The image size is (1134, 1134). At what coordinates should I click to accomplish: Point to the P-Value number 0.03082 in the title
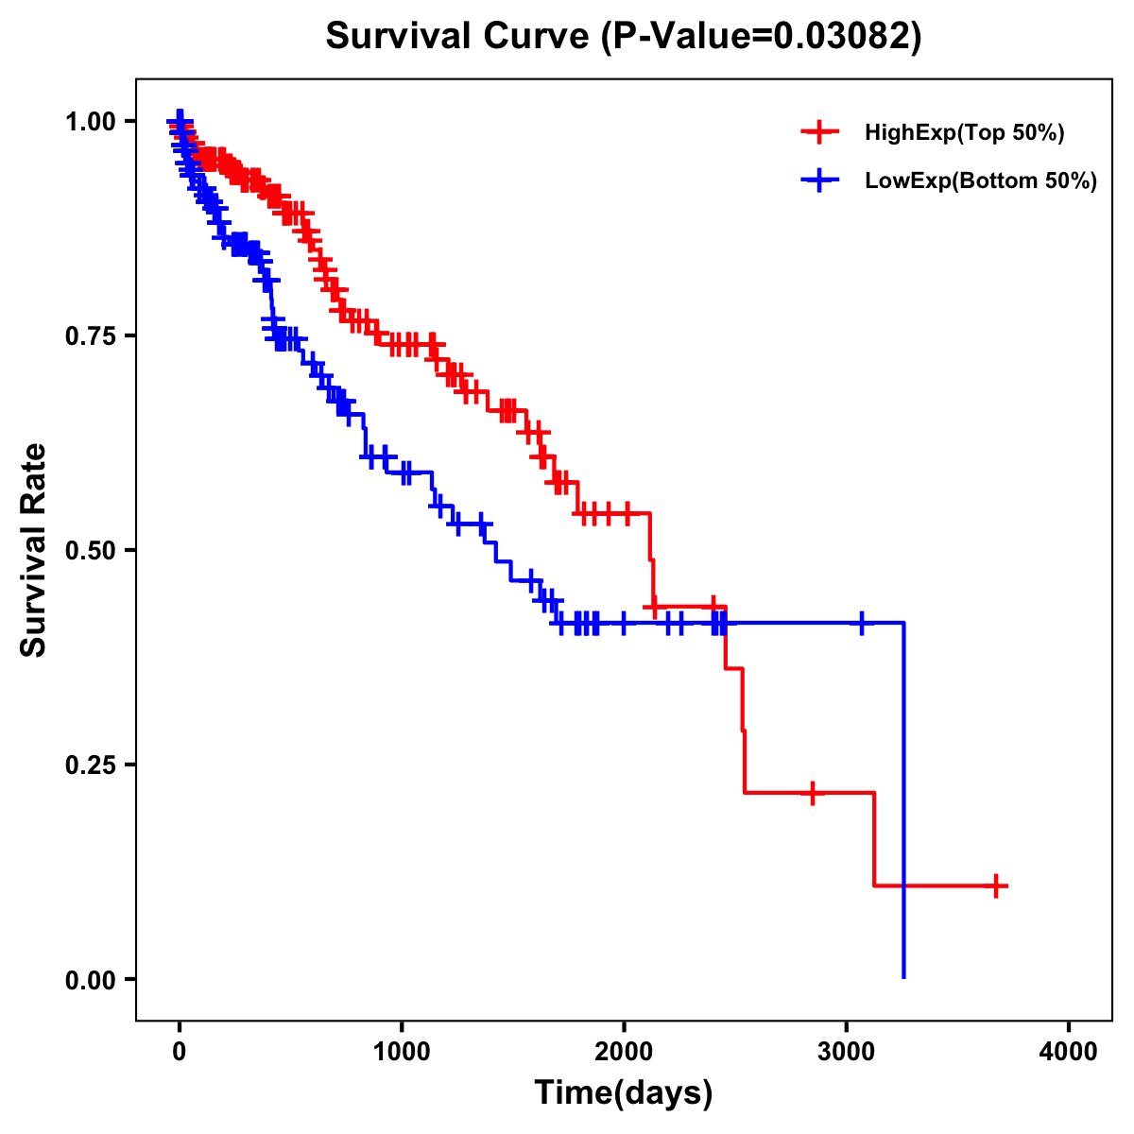[843, 36]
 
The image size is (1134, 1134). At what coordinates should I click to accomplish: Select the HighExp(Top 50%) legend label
[964, 133]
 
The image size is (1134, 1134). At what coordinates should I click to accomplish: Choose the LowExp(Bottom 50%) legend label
[981, 181]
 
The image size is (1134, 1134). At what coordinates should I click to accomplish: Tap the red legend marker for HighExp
[819, 133]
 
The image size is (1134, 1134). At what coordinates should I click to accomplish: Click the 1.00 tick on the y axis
[92, 121]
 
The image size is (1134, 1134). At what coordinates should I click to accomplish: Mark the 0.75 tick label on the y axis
[92, 335]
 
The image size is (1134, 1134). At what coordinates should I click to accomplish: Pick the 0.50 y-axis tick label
[92, 550]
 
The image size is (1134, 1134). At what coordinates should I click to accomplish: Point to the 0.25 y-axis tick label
[92, 765]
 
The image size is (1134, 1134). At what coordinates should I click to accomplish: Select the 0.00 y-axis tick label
[92, 979]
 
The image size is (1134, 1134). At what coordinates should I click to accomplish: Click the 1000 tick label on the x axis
[402, 1052]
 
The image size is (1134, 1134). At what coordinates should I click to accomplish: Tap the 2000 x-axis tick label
[624, 1052]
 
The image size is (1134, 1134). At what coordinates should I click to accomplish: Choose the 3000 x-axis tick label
[847, 1052]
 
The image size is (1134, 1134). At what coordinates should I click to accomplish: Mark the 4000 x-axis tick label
[1069, 1052]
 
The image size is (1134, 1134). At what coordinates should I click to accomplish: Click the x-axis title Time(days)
[624, 1093]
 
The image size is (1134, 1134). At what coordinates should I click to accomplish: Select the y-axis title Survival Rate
[34, 550]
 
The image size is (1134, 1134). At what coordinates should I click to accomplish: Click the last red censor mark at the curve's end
[996, 885]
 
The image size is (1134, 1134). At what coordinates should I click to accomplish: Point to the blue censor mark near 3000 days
[861, 623]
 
